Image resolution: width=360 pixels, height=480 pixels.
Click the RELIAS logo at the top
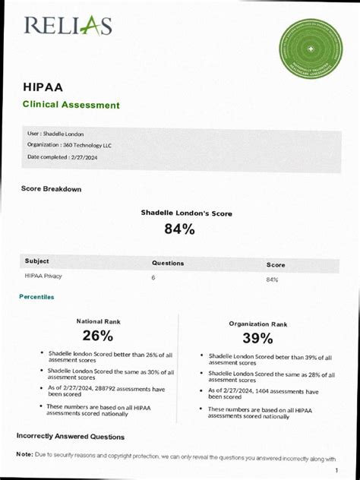click(x=68, y=27)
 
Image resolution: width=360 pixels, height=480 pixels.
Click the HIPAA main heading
click(x=43, y=87)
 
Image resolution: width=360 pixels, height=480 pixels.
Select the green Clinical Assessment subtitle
click(x=71, y=105)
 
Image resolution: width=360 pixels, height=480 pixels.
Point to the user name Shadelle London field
click(x=55, y=134)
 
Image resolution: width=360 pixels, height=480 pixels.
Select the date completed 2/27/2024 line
click(x=62, y=157)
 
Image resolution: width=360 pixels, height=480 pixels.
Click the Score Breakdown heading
click(x=51, y=189)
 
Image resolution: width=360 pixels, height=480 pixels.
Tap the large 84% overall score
click(x=180, y=229)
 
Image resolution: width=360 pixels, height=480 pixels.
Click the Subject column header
click(x=36, y=261)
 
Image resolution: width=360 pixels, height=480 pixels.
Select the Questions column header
click(x=168, y=264)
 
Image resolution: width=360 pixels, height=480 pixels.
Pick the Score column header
click(x=276, y=265)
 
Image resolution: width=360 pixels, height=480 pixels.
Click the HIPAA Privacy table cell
click(x=43, y=276)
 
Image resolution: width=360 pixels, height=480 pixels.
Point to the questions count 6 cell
click(x=153, y=278)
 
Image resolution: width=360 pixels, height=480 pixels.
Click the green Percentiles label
click(x=36, y=297)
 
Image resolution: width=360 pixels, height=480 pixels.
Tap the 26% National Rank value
click(x=98, y=336)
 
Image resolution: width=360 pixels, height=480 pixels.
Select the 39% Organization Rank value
click(x=257, y=338)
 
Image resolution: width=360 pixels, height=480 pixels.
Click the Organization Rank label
click(x=258, y=324)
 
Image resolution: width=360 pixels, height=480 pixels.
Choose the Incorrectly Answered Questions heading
click(x=71, y=437)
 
